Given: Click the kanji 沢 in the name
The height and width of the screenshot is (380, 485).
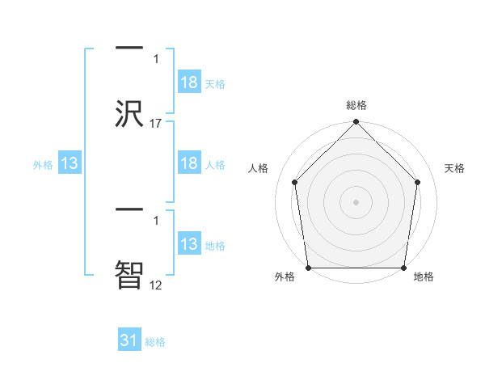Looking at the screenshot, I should pyautogui.click(x=129, y=114).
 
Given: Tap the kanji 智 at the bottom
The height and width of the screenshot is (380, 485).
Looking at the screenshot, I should pyautogui.click(x=129, y=272).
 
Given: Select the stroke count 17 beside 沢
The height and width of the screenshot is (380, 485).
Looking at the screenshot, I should pyautogui.click(x=156, y=124).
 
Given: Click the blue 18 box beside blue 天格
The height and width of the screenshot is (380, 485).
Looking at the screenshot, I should pyautogui.click(x=188, y=83).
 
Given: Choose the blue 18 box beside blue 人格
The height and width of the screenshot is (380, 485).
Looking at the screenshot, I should pyautogui.click(x=188, y=163).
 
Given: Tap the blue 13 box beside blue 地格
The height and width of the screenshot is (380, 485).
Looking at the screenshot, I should pyautogui.click(x=188, y=244).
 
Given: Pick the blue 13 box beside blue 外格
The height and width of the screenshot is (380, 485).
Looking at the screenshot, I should pyautogui.click(x=70, y=163).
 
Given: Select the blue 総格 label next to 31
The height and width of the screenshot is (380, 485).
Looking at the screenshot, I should pyautogui.click(x=155, y=342).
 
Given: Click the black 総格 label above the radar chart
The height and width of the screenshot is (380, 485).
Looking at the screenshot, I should pyautogui.click(x=356, y=106).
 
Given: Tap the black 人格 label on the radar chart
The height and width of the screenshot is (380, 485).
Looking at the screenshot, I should pyautogui.click(x=258, y=168).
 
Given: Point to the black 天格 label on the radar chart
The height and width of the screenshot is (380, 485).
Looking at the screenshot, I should pyautogui.click(x=454, y=168).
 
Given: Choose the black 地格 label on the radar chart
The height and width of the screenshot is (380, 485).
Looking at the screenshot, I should pyautogui.click(x=424, y=277).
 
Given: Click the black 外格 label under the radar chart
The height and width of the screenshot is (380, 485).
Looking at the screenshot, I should pyautogui.click(x=285, y=277).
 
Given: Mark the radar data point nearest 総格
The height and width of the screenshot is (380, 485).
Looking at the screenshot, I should pyautogui.click(x=356, y=123).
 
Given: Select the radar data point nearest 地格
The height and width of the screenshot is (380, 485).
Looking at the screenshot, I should pyautogui.click(x=404, y=268).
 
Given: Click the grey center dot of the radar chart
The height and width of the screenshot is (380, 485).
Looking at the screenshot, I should pyautogui.click(x=356, y=201).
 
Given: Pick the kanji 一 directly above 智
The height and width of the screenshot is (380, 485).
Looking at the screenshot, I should pyautogui.click(x=129, y=209).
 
